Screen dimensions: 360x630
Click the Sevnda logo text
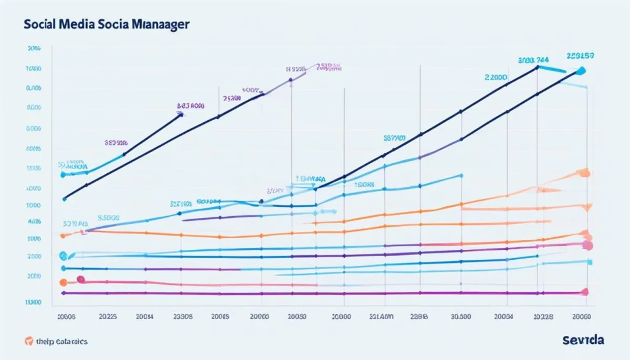pos(583,340)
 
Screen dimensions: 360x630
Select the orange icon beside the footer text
pos(29,341)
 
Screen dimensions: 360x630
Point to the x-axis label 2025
pos(107,316)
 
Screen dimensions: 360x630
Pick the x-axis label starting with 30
pos(461,316)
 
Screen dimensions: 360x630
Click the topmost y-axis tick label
pos(33,48)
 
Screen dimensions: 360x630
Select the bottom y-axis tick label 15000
pos(33,302)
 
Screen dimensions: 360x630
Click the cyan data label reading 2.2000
pos(496,77)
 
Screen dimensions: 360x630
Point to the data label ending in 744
pos(533,60)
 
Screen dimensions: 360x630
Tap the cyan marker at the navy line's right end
pos(581,71)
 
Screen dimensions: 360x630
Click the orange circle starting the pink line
pos(64,282)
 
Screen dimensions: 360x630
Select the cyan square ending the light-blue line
pos(590,261)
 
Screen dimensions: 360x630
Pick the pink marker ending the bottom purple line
pos(585,292)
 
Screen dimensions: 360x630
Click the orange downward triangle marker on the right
pos(589,207)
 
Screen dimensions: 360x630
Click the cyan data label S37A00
pos(394,139)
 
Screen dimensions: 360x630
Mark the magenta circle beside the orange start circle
pos(80,280)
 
